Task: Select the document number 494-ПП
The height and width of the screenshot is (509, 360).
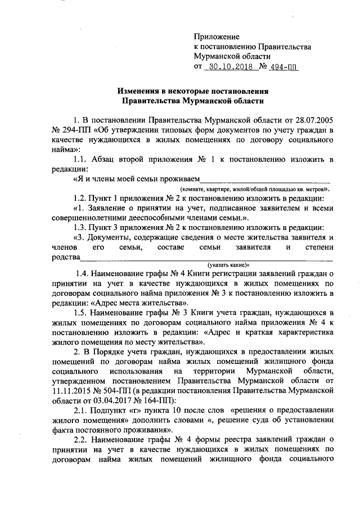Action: (x=286, y=66)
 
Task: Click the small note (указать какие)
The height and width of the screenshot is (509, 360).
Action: (x=228, y=264)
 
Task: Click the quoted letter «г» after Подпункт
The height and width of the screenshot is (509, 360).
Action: (x=137, y=410)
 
